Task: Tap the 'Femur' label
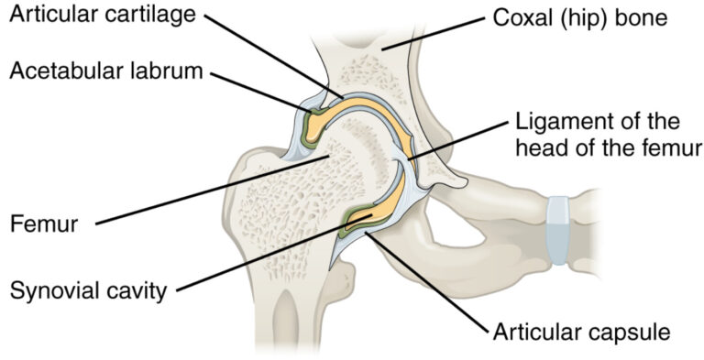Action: point(38,222)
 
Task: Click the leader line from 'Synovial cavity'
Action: point(266,256)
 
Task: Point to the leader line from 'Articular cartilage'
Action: point(275,55)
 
